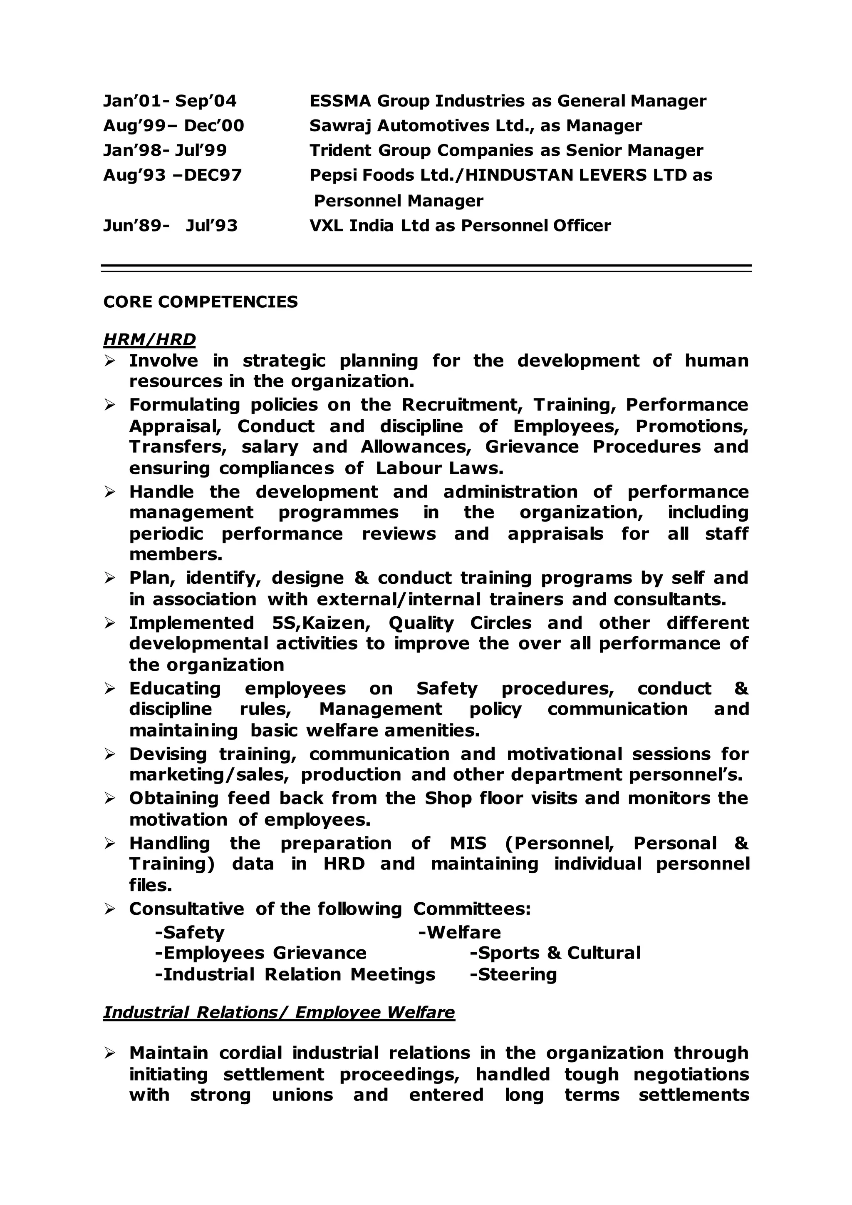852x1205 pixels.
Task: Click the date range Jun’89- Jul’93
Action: coord(170,226)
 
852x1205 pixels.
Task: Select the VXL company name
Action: coord(326,226)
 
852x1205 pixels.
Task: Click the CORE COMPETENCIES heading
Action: coord(201,302)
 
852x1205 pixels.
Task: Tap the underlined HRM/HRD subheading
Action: coord(149,340)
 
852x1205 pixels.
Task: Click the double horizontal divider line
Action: coord(426,268)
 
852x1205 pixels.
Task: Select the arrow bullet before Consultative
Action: coord(110,909)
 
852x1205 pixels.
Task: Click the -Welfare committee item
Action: coord(460,933)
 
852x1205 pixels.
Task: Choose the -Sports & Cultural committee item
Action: coord(555,953)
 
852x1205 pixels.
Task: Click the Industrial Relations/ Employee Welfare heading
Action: coord(279,1012)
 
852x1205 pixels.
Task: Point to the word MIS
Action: coord(468,843)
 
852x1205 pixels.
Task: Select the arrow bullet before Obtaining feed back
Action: coord(110,799)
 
